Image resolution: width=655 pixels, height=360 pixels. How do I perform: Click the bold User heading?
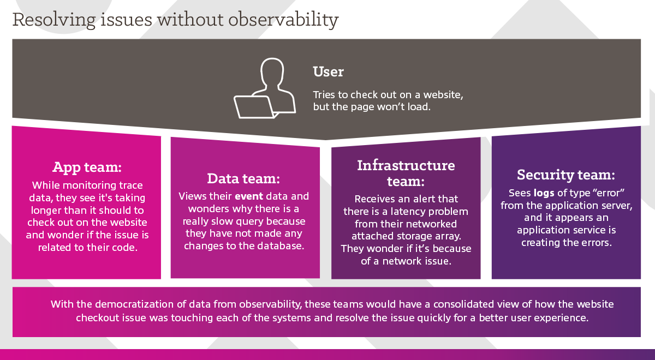pos(328,71)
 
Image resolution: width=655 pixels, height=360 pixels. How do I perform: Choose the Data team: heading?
pos(243,178)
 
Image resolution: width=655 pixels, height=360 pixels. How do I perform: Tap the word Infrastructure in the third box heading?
pos(406,165)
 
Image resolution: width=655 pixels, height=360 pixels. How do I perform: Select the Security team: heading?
pos(566,175)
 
